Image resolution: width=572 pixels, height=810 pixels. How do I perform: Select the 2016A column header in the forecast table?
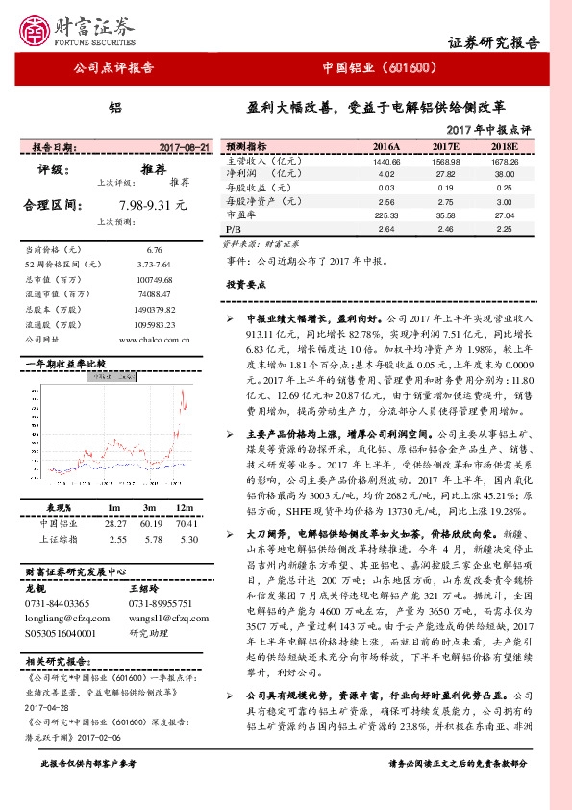(385, 146)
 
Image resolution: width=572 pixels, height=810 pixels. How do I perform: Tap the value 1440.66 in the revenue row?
(386, 161)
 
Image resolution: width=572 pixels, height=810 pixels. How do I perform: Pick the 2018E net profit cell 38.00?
(506, 174)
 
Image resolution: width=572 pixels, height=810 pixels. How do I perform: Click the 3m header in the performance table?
(151, 508)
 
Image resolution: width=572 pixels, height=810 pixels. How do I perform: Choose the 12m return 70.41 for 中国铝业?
(188, 524)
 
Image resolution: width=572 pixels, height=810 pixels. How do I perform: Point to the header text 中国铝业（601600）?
(381, 68)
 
